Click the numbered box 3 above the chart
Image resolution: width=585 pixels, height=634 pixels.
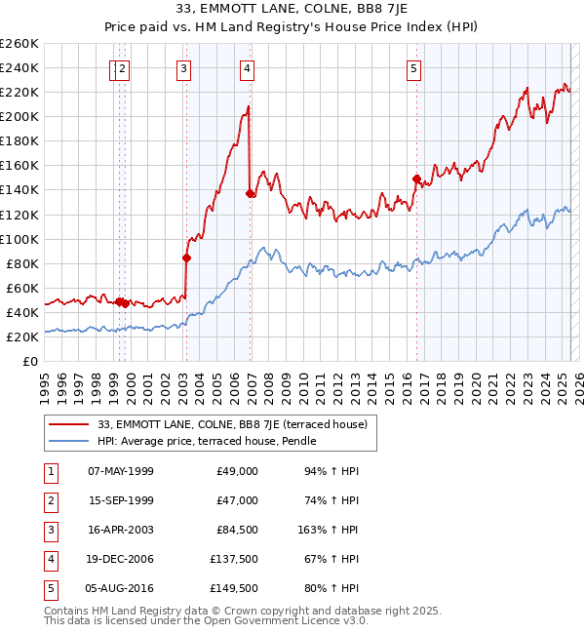(x=183, y=68)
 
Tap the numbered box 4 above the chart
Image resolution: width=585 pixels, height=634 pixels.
(x=248, y=68)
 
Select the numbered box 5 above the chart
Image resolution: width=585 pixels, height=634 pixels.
(x=414, y=68)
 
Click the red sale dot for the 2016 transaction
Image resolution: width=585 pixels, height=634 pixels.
(x=416, y=178)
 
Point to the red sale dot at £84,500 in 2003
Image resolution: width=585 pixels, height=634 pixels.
(x=186, y=258)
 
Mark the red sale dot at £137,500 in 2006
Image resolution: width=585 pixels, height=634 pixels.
(x=251, y=193)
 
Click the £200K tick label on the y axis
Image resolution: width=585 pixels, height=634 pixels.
(x=19, y=116)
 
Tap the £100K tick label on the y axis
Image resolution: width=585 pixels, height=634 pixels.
(x=19, y=239)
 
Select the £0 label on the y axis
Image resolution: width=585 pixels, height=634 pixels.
(x=29, y=361)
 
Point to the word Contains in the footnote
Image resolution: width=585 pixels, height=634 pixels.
(x=68, y=611)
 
